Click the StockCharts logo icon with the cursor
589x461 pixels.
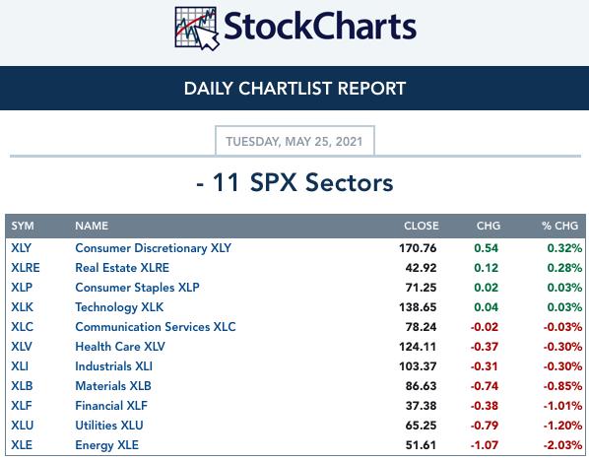click(197, 29)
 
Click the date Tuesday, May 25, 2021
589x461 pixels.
click(294, 142)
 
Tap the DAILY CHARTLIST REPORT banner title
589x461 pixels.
click(294, 89)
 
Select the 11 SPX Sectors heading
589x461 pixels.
click(294, 182)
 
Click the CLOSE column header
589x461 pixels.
click(422, 226)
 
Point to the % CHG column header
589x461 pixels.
click(559, 226)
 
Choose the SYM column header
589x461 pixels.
click(23, 226)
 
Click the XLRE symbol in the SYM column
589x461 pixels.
click(26, 268)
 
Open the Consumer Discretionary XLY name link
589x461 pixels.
click(154, 248)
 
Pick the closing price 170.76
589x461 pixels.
click(418, 248)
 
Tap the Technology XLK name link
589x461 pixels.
click(119, 307)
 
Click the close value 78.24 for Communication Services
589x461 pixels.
click(422, 327)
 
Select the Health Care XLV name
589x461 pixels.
click(120, 347)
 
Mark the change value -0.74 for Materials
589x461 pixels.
click(485, 386)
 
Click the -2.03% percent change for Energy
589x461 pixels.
click(562, 445)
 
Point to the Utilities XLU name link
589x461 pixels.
click(109, 426)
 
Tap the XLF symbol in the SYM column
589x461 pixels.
click(22, 406)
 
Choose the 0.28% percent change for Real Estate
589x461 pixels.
click(564, 268)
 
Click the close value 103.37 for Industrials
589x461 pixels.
click(418, 366)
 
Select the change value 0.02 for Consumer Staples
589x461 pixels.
click(487, 288)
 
